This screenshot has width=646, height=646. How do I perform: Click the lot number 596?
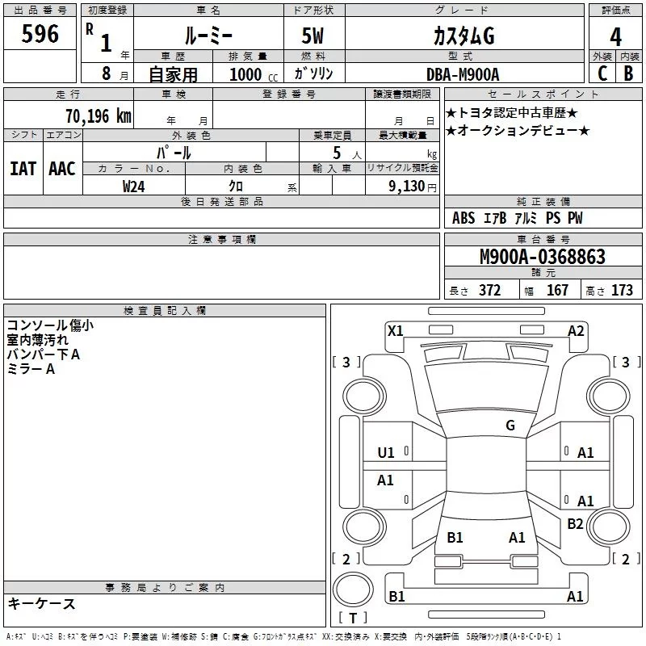tap(40, 34)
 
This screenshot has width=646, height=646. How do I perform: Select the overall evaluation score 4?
tap(615, 37)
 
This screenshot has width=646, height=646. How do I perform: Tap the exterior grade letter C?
tap(602, 73)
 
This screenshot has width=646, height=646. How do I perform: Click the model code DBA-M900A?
tap(463, 73)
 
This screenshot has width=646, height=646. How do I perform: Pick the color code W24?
tap(134, 186)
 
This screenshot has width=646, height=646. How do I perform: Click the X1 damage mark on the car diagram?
tap(396, 329)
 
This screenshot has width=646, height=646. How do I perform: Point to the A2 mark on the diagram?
tap(576, 329)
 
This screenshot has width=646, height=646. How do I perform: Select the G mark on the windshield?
tap(510, 425)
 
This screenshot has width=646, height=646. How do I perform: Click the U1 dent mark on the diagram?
tap(386, 452)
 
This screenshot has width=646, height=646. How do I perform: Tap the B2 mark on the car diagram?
tap(575, 523)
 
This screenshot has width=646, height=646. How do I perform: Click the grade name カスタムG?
tap(463, 36)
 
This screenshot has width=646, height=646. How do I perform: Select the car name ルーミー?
tap(208, 36)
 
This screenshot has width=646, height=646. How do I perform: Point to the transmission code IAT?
tap(23, 168)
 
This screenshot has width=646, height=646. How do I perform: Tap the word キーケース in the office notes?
tap(41, 603)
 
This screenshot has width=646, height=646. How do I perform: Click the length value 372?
tap(489, 290)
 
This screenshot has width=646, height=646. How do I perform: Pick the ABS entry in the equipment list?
tap(464, 218)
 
